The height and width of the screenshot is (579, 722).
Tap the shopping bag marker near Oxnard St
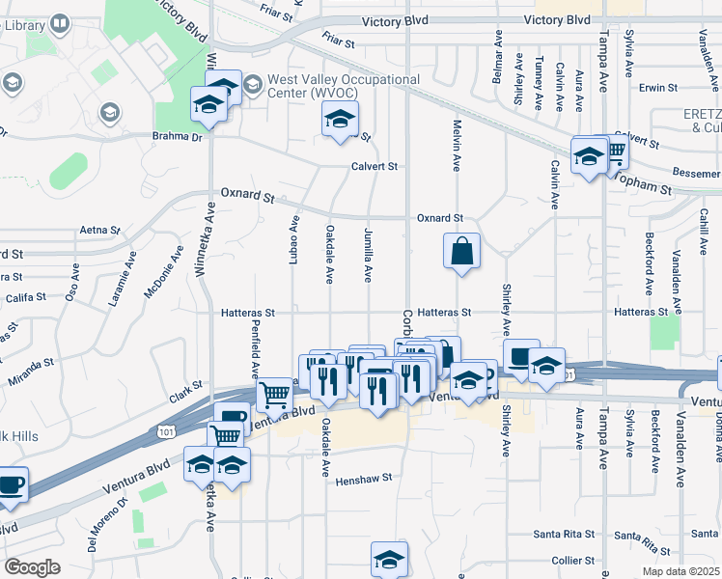point(462,252)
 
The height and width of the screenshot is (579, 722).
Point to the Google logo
point(32,567)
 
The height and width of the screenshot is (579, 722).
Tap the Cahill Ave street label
point(707,234)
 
